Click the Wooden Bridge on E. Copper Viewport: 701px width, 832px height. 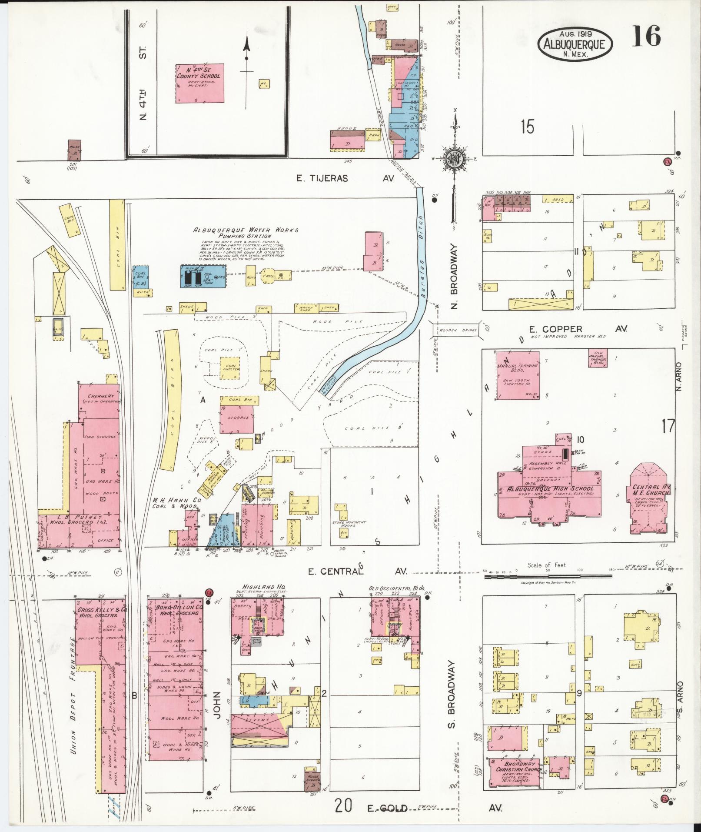[x=455, y=330]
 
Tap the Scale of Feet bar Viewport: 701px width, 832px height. [x=548, y=576]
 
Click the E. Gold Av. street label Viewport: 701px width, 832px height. [x=387, y=808]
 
